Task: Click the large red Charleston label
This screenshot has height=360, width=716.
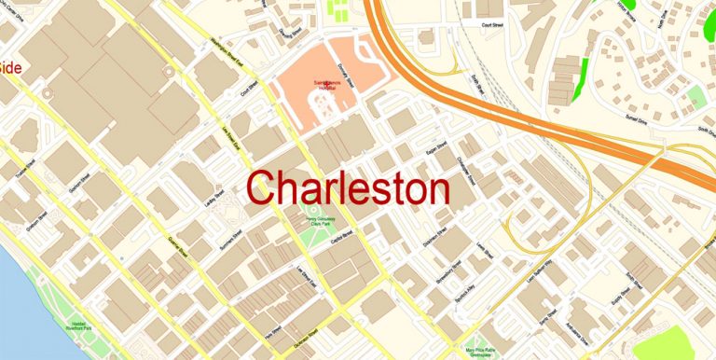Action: tap(350, 189)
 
